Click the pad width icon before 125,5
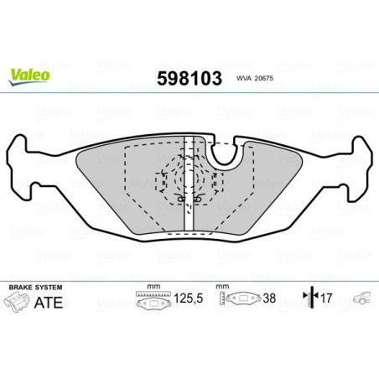(x=151, y=299)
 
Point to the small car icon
(x=361, y=298)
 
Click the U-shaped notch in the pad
(x=225, y=152)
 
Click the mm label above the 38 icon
(x=223, y=287)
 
